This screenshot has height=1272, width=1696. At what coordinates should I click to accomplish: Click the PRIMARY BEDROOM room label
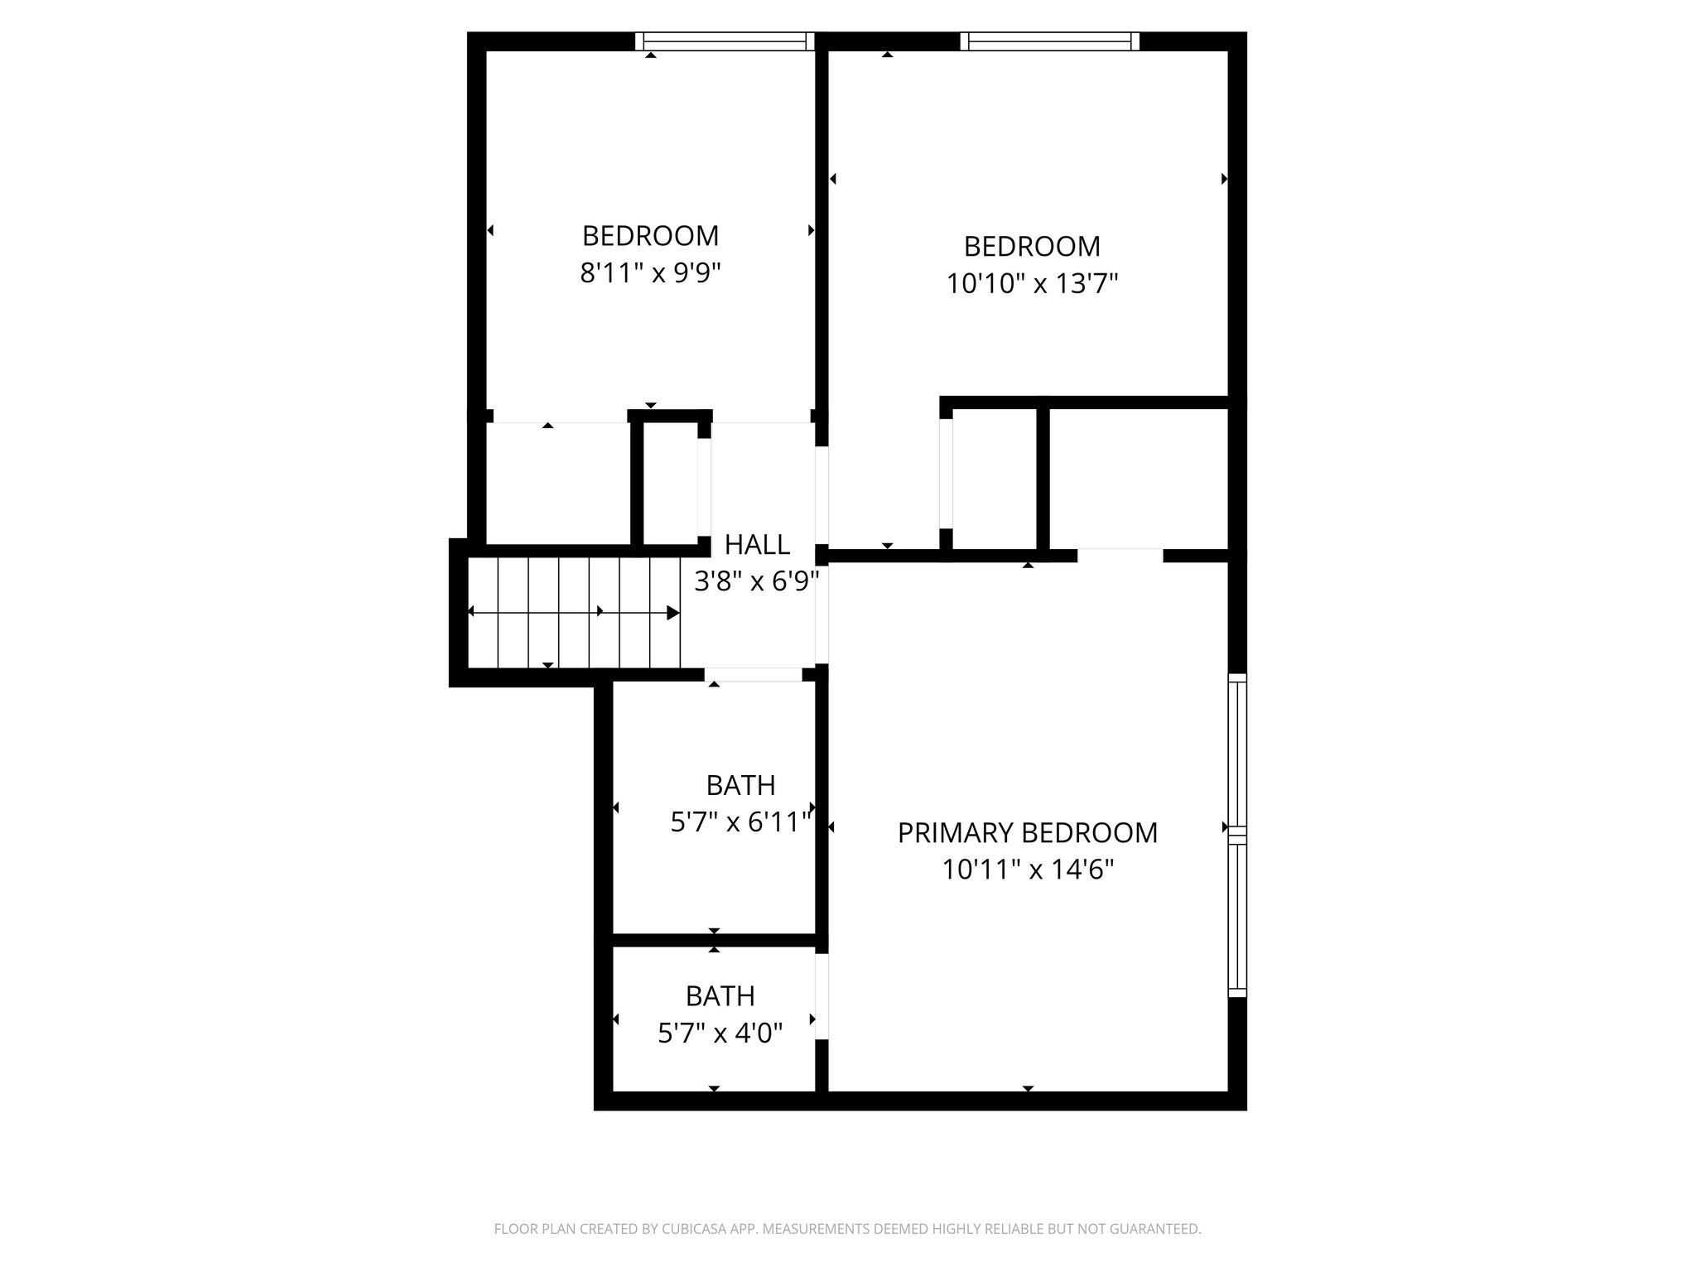click(x=1027, y=832)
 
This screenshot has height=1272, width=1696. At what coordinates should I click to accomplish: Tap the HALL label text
click(x=757, y=545)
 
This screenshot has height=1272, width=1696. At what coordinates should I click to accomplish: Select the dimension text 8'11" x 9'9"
click(x=651, y=273)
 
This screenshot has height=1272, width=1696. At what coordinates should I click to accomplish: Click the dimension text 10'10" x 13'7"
click(x=1032, y=284)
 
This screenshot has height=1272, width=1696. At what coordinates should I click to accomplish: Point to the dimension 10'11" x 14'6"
click(x=1028, y=870)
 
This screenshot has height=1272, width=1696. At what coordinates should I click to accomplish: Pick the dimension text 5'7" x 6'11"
click(x=740, y=822)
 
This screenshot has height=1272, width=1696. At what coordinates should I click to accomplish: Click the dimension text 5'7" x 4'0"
click(x=720, y=1033)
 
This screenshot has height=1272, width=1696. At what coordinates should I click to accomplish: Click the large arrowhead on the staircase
click(x=673, y=613)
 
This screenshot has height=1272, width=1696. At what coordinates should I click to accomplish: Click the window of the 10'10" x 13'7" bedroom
click(x=1049, y=41)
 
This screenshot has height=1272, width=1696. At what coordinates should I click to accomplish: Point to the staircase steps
click(x=571, y=613)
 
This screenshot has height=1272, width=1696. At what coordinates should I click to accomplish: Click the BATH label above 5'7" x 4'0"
click(x=720, y=995)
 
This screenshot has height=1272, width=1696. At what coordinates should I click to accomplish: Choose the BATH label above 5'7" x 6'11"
click(x=740, y=784)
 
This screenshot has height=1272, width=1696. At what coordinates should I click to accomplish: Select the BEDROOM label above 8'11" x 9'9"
click(x=651, y=236)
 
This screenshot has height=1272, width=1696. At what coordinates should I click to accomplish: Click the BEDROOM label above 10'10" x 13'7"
click(x=1032, y=247)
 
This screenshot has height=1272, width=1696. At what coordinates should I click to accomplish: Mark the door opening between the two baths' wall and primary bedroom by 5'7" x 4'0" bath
click(x=821, y=997)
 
